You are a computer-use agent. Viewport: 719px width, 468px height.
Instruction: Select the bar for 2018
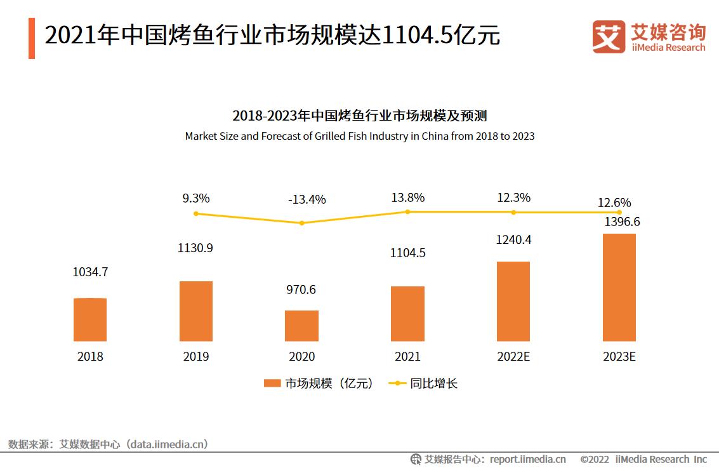[x=90, y=319]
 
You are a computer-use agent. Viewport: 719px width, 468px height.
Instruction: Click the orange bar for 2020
[x=301, y=326]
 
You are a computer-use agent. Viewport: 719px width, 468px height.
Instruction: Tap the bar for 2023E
[x=619, y=288]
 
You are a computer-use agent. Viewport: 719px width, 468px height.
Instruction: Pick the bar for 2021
[x=407, y=314]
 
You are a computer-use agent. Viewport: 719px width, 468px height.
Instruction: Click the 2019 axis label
[x=196, y=357]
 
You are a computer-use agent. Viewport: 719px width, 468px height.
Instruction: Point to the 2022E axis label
[x=513, y=357]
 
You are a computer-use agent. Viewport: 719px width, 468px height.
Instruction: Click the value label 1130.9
[x=195, y=248]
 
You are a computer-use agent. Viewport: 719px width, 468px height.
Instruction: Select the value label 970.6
[x=301, y=290]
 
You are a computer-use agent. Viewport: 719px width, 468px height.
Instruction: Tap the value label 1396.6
[x=619, y=222]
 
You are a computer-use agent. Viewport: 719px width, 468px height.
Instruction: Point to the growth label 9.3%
[x=195, y=198]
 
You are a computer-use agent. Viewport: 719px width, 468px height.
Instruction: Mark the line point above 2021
[x=407, y=211]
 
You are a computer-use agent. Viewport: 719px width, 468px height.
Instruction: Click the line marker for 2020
[x=301, y=223]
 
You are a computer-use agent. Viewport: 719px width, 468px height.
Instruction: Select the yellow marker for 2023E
[x=619, y=213]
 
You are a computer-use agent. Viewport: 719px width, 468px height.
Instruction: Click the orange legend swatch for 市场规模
[x=272, y=384]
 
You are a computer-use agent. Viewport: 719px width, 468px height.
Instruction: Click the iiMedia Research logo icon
[x=609, y=36]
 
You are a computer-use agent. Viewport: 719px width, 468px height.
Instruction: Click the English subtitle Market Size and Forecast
[x=359, y=136]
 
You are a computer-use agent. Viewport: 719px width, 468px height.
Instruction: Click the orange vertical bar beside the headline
[x=32, y=38]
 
